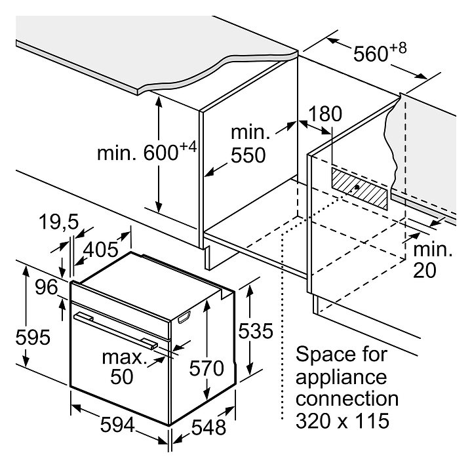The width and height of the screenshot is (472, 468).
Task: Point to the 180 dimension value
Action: point(325,114)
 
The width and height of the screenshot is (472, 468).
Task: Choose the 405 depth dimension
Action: point(100,250)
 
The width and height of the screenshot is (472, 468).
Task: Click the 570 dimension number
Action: point(207,368)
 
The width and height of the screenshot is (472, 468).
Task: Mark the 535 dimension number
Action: point(254,332)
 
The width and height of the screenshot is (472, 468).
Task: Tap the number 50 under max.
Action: point(122,376)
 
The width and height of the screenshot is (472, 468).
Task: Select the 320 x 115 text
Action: point(343,419)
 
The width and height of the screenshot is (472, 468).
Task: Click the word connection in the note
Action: point(347,399)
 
